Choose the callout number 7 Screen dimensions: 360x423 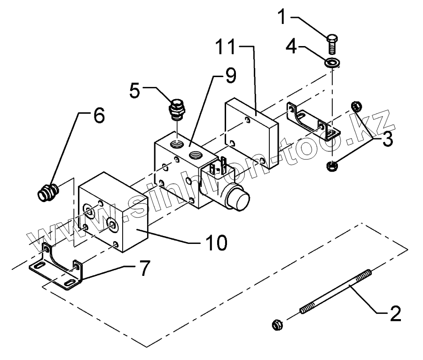pos(143,268)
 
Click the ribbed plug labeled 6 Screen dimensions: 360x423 pos(47,193)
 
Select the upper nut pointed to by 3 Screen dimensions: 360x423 pos(356,106)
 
